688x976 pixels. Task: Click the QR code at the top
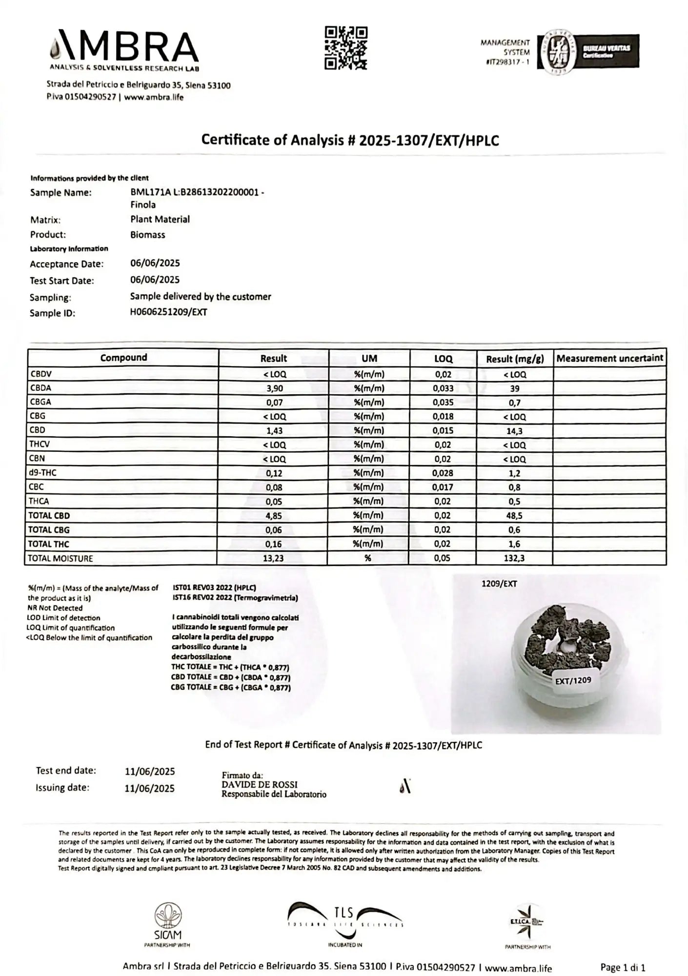[x=345, y=48]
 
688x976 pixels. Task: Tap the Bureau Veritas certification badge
[x=588, y=51]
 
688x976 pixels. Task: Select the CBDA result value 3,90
[x=274, y=388]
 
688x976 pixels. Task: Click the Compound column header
[x=123, y=358]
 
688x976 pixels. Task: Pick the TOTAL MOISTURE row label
[x=60, y=558]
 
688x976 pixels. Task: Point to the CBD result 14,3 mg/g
[x=515, y=431]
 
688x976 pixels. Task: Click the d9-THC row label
[x=43, y=472]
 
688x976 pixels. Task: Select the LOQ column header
[x=443, y=359]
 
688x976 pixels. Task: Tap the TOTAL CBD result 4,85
[x=274, y=515]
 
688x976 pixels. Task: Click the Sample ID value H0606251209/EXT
[x=168, y=312]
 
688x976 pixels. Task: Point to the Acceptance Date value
[x=155, y=263]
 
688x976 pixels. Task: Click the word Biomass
[x=147, y=235]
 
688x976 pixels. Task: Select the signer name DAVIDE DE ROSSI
[x=259, y=785]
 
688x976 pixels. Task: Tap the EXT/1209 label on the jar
[x=573, y=680]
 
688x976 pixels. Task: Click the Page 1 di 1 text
[x=623, y=967]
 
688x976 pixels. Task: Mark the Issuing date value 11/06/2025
[x=149, y=788]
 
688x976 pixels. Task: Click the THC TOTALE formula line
[x=230, y=667]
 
